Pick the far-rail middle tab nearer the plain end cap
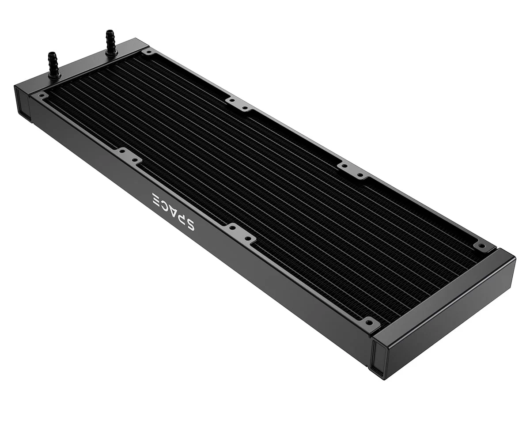[x=352, y=170]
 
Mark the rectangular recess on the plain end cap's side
[x=379, y=358]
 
